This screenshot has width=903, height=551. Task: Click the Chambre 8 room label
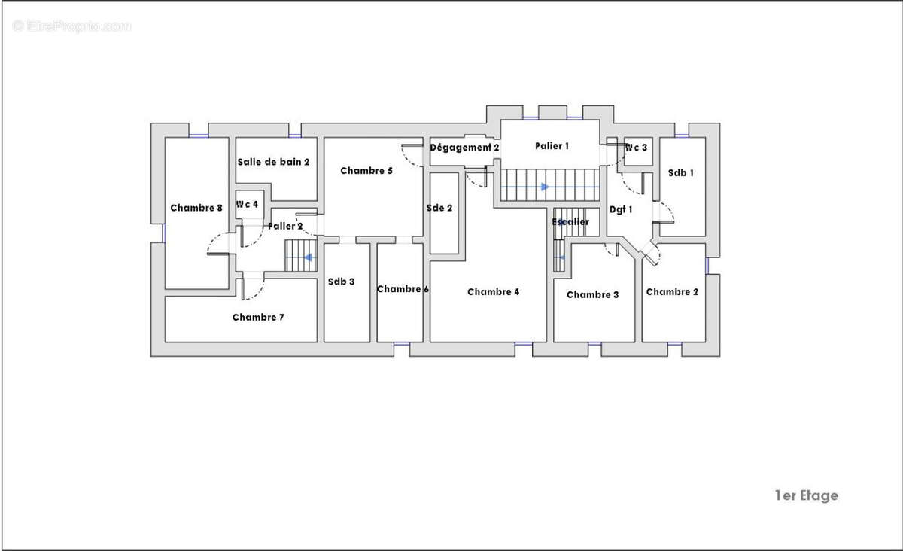click(x=196, y=208)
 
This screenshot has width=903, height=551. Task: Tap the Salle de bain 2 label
click(x=273, y=162)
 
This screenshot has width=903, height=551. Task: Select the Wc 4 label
click(x=247, y=205)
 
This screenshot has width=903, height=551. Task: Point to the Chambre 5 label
click(x=366, y=171)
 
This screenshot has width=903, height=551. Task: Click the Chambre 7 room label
click(x=258, y=318)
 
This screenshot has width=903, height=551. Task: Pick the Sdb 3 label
click(x=341, y=282)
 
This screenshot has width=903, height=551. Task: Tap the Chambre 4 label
click(x=494, y=291)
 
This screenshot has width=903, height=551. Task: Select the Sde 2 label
click(x=439, y=208)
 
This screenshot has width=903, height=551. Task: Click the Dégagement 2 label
click(x=464, y=148)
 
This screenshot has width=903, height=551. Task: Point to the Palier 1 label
click(x=552, y=146)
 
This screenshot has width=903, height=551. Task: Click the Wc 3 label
click(x=636, y=148)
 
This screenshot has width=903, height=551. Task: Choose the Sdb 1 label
click(x=681, y=172)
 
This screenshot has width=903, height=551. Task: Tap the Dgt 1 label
click(x=621, y=209)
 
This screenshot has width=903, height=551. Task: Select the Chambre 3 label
click(x=593, y=294)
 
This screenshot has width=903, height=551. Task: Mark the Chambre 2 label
click(x=672, y=291)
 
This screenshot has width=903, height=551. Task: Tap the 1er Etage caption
click(x=806, y=495)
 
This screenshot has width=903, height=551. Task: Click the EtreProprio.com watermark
click(x=71, y=26)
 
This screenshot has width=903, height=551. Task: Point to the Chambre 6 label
click(x=403, y=289)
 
